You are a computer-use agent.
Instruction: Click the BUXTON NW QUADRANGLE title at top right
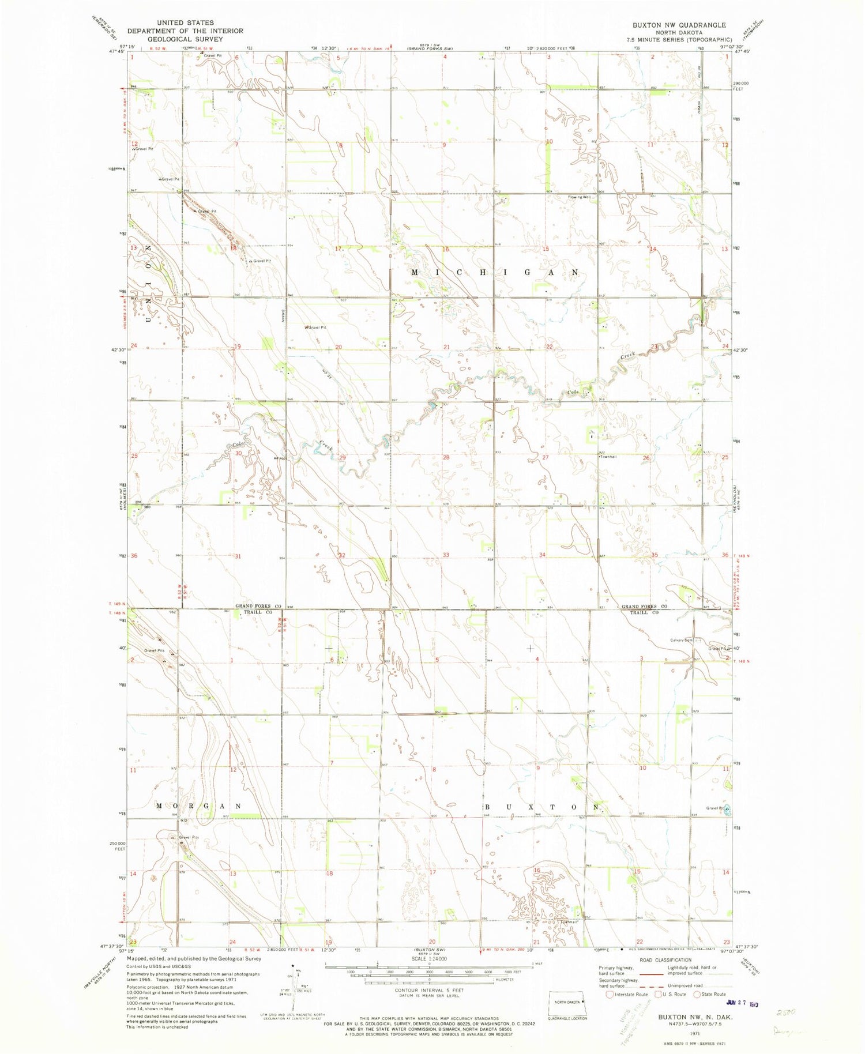pyautogui.click(x=679, y=25)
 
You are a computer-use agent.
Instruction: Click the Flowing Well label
pyautogui.click(x=580, y=197)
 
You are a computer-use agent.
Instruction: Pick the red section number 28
pyautogui.click(x=446, y=457)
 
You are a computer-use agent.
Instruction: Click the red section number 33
pyautogui.click(x=446, y=555)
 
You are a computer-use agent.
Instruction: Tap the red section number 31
pyautogui.click(x=238, y=556)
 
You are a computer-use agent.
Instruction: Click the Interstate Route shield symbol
pyautogui.click(x=610, y=994)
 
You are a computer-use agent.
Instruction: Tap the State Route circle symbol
pyautogui.click(x=697, y=994)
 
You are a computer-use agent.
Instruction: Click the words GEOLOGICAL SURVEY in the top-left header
pyautogui.click(x=185, y=39)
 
